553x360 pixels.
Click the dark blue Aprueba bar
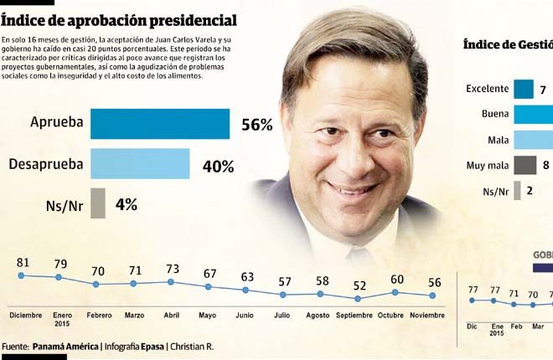[x=159, y=124]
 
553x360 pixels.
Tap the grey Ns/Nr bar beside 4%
[x=97, y=203]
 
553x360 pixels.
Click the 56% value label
[x=256, y=125]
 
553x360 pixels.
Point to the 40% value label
[x=218, y=166]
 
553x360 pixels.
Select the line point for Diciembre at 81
[x=22, y=275]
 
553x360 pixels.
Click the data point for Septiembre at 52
[x=358, y=298]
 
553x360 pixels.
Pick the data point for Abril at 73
[x=171, y=282]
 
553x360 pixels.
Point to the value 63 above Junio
[x=246, y=277]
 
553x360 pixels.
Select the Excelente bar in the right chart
[x=524, y=89]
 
